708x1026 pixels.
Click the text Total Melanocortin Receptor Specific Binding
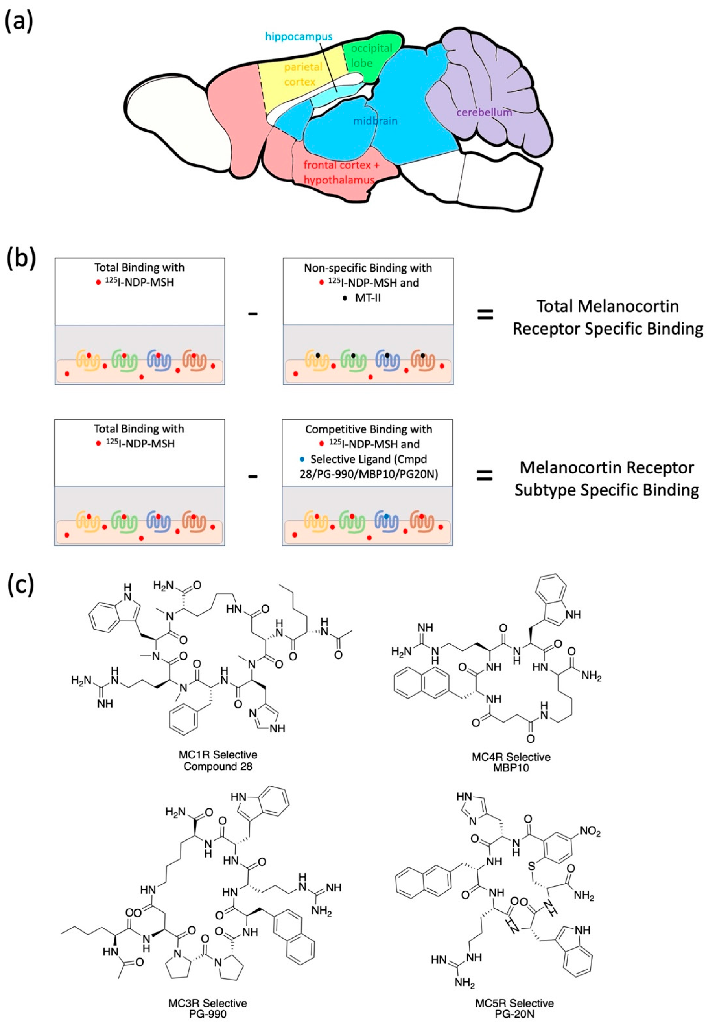(x=607, y=317)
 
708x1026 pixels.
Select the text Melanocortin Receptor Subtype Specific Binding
(x=606, y=479)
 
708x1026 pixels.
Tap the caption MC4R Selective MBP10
(x=511, y=763)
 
